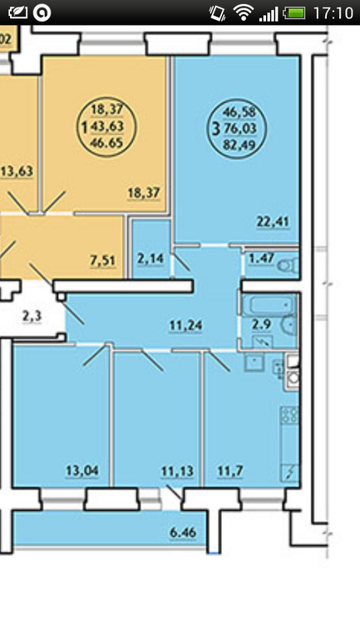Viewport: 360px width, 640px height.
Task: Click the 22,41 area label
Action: [x=273, y=222]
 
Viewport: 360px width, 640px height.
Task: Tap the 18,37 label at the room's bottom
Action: [x=144, y=192]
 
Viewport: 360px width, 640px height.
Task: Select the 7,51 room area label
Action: [x=103, y=260]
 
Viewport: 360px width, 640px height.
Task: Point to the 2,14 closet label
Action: [x=150, y=258]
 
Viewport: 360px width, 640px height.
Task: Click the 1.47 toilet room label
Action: [x=260, y=258]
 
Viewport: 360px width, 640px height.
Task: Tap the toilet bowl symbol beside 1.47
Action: [x=288, y=266]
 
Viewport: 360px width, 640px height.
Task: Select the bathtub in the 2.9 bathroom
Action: [x=269, y=304]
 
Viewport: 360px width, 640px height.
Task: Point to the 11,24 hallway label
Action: [x=185, y=325]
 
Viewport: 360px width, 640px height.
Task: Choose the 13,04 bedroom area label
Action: [x=82, y=470]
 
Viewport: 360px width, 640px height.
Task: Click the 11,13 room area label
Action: [x=177, y=471]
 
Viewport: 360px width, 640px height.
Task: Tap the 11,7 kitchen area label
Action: [x=230, y=471]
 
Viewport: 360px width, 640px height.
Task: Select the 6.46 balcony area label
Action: [x=182, y=532]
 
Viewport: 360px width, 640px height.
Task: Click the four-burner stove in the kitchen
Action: [x=289, y=415]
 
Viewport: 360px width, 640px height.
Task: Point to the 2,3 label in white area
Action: [x=32, y=316]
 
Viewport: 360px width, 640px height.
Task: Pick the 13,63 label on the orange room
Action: [x=17, y=170]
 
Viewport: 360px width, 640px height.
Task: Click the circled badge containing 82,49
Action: [x=237, y=129]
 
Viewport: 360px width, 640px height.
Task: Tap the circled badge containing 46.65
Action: [x=106, y=126]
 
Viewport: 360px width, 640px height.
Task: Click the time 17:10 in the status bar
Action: [x=333, y=13]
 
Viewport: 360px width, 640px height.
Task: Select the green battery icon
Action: [x=294, y=13]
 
